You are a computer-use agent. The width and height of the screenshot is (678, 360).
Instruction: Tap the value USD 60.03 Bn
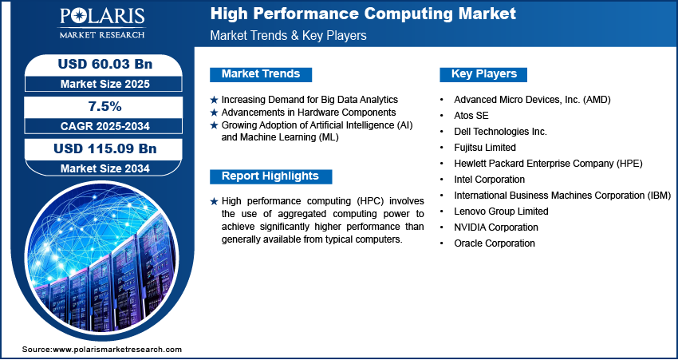105,64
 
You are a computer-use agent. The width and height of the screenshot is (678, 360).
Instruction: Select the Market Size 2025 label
105,84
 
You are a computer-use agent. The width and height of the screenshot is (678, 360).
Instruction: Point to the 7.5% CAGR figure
105,106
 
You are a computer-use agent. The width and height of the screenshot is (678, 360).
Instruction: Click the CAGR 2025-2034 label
105,126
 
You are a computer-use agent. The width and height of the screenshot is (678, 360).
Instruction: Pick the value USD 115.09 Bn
105,148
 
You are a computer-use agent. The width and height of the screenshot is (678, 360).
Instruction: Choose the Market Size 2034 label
105,168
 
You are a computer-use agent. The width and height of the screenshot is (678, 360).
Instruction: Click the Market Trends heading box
261,74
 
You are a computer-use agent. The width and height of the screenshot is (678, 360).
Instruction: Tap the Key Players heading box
483,74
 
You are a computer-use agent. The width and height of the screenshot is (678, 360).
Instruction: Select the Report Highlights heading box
270,176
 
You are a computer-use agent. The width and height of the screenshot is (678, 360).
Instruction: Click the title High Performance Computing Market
363,14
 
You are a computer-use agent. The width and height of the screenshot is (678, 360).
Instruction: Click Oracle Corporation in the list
495,243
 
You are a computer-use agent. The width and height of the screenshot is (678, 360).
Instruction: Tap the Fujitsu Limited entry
485,148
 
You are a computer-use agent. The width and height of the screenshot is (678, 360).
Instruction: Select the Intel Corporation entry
490,179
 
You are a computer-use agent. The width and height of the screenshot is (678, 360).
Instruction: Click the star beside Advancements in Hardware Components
214,113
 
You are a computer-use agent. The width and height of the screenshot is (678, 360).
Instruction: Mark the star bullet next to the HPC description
214,202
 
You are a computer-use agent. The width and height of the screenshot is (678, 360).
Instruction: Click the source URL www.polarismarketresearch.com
117,349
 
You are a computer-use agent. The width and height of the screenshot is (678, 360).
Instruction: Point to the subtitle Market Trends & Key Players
289,35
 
